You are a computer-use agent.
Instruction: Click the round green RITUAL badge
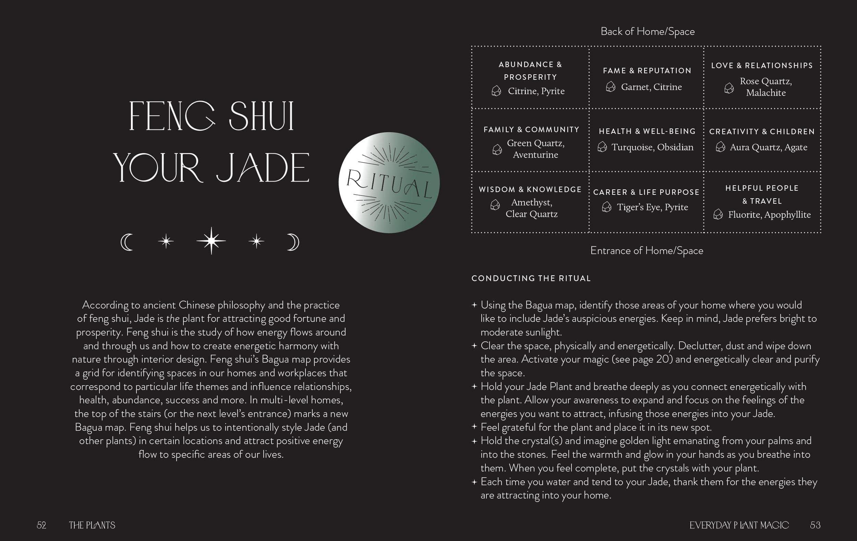[389, 183]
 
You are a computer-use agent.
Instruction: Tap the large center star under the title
[211, 241]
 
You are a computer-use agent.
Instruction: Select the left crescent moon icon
[127, 242]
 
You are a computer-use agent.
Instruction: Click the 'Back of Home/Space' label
[647, 31]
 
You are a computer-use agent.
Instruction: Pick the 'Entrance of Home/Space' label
[647, 251]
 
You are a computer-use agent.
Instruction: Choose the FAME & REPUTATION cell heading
[647, 71]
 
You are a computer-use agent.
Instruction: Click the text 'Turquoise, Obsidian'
[652, 147]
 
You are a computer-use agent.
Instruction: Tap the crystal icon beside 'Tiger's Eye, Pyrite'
[606, 207]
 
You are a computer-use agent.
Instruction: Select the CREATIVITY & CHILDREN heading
[762, 131]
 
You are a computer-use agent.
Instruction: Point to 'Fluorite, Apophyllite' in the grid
[769, 215]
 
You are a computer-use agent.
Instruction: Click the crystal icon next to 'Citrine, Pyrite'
[496, 91]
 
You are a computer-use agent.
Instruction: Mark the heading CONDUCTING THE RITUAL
[531, 278]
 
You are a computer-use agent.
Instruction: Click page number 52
[41, 525]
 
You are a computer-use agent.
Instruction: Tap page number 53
[815, 525]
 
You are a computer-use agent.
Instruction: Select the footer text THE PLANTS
[92, 525]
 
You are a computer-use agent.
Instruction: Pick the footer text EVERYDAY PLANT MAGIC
[739, 525]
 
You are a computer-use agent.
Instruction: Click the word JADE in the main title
[263, 168]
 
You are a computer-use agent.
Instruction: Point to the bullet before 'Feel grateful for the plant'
[474, 427]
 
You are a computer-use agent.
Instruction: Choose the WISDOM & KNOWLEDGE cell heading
[530, 189]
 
